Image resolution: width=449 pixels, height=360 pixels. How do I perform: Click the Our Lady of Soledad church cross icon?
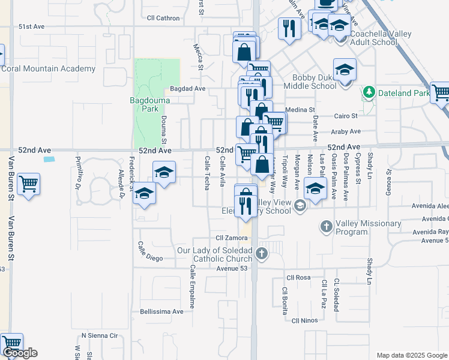261,253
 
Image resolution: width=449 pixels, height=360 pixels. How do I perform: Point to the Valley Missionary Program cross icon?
326,227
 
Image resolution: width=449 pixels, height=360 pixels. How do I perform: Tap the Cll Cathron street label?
163,18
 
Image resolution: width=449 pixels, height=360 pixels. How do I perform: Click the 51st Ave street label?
31,27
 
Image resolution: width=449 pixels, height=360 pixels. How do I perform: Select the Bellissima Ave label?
161,311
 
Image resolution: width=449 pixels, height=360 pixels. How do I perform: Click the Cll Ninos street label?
304,321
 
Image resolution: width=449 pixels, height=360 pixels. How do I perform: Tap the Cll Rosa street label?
298,277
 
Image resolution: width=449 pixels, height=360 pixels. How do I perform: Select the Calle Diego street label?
150,251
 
